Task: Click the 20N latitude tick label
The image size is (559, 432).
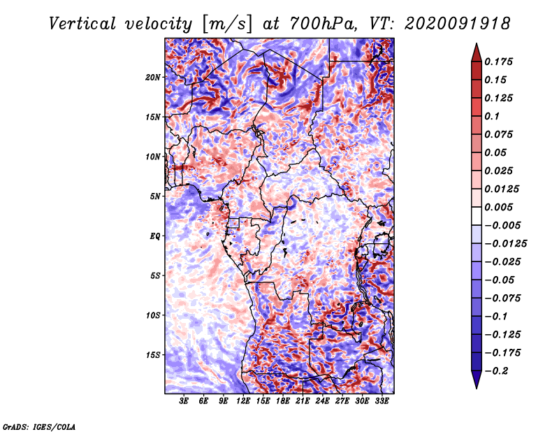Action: coord(153,78)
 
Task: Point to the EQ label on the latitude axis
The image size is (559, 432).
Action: coord(154,236)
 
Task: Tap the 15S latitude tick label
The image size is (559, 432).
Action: coord(153,355)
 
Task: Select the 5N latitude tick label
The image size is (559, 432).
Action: coord(155,196)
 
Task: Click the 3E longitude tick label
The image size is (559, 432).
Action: coord(184,401)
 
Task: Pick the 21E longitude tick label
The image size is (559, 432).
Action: coord(303,401)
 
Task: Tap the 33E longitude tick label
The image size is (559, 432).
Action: coord(382,401)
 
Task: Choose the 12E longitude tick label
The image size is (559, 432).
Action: coord(243,401)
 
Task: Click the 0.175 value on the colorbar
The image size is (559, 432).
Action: coord(498,62)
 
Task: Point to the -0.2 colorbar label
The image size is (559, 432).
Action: coord(496,371)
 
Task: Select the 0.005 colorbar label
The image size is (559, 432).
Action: coord(498,207)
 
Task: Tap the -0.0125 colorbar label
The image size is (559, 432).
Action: coord(505,244)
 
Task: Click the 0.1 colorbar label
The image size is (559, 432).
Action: coord(492,116)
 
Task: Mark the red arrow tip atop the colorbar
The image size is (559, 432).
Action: coord(477,43)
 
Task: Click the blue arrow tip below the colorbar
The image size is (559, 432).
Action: coord(477,388)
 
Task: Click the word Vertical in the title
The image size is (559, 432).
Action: coord(82,24)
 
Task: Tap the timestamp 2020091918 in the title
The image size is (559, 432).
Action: coord(458,24)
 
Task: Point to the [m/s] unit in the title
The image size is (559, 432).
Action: coord(227,24)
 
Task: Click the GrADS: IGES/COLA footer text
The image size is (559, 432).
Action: coord(39,426)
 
